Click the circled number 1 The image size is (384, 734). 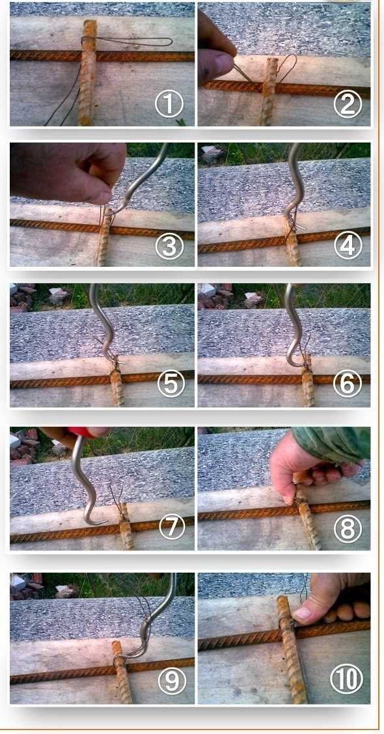click(169, 104)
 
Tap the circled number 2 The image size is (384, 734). click(348, 104)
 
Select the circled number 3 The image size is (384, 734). click(169, 245)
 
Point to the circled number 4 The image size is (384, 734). click(348, 245)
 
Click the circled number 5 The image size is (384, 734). click(171, 383)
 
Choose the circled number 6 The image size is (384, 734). click(348, 383)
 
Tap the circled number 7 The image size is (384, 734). click(172, 526)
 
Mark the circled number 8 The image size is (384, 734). click(348, 528)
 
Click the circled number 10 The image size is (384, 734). click(346, 679)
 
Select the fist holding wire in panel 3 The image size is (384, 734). click(68, 171)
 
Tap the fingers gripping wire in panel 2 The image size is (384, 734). click(215, 51)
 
